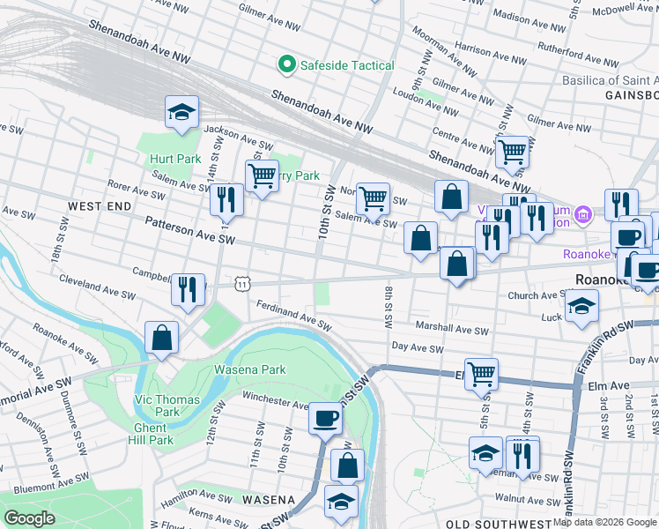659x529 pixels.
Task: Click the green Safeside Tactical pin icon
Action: coord(285,64)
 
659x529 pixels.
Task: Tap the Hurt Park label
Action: coord(175,159)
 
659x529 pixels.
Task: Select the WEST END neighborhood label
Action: coord(100,205)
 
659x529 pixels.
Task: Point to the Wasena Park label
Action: coord(250,370)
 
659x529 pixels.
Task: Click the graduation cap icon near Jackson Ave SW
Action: coord(182,112)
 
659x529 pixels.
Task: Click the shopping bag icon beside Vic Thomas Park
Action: coord(162,337)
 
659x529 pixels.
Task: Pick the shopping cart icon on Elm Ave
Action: coord(481,374)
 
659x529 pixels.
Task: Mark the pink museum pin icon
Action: coord(581,214)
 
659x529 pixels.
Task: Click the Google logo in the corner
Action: coord(29,518)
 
